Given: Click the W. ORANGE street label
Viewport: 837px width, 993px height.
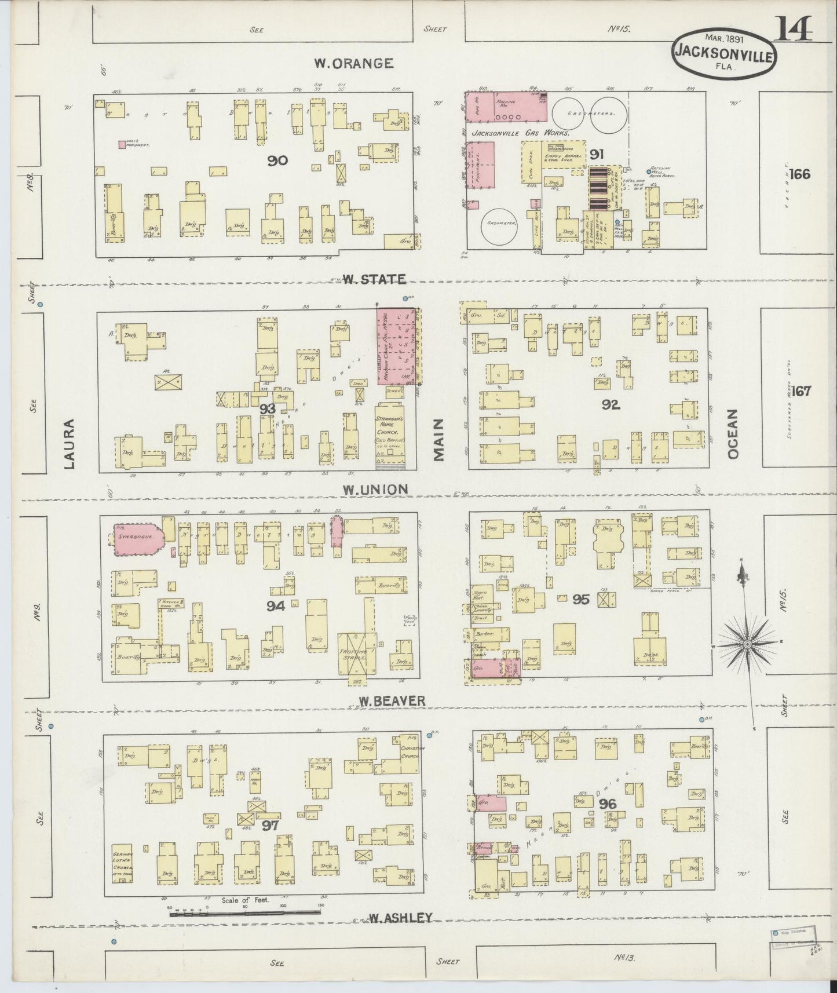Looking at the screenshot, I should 353,63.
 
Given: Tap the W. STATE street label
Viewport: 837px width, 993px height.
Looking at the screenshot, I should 373,279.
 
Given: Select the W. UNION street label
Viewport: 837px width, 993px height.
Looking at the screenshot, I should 374,489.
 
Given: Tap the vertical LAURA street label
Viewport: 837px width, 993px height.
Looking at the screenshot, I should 71,443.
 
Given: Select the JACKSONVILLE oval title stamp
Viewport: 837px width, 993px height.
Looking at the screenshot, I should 724,52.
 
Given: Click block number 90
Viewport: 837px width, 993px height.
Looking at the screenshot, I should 277,160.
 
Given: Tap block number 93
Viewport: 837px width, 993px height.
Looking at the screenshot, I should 267,409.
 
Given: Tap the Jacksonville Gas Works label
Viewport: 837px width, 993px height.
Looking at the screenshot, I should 521,133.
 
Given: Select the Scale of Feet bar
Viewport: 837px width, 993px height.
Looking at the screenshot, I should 244,912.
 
